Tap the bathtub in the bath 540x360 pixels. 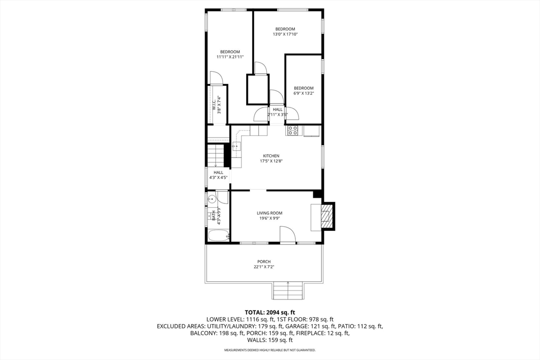pyautogui.click(x=217, y=235)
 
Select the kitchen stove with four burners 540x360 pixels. pyautogui.click(x=293, y=130)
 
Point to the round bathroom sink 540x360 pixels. pyautogui.click(x=211, y=199)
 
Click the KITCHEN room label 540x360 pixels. pyautogui.click(x=271, y=156)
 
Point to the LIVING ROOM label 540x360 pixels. pyautogui.click(x=269, y=213)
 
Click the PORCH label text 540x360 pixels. pyautogui.click(x=264, y=261)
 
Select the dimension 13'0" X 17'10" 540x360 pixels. pyautogui.click(x=285, y=34)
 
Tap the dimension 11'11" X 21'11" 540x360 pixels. pyautogui.click(x=230, y=57)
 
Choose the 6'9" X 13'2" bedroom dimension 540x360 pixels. pyautogui.click(x=304, y=93)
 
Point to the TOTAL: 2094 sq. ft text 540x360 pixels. pyautogui.click(x=269, y=312)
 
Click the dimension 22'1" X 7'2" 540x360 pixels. pyautogui.click(x=264, y=267)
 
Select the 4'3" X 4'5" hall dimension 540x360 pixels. pyautogui.click(x=218, y=178)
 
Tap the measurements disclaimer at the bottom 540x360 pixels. pyautogui.click(x=269, y=350)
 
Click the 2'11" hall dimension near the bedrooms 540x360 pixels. pyautogui.click(x=277, y=114)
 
